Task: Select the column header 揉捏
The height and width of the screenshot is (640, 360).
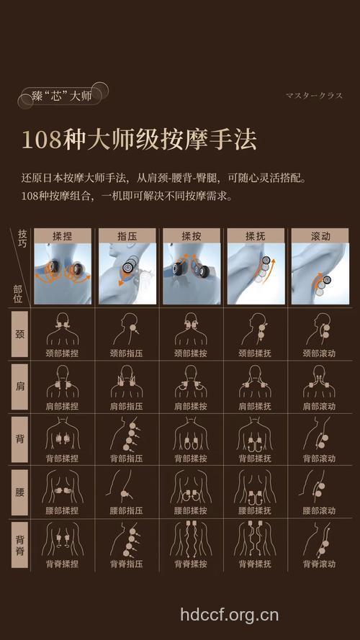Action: pyautogui.click(x=63, y=235)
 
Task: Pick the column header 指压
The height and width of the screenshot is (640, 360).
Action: pyautogui.click(x=127, y=235)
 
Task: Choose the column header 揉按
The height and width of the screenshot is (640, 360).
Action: pyautogui.click(x=191, y=235)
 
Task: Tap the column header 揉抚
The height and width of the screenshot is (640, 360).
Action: pyautogui.click(x=255, y=235)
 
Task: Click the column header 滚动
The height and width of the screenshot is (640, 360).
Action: pyautogui.click(x=320, y=235)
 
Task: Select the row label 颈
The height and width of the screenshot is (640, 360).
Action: pyautogui.click(x=19, y=335)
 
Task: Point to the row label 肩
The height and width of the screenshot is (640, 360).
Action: pyautogui.click(x=19, y=387)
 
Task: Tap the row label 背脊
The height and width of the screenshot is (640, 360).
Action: pyautogui.click(x=19, y=543)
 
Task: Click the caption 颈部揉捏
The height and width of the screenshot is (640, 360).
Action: pyautogui.click(x=63, y=353)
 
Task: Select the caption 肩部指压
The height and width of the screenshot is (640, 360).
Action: pyautogui.click(x=127, y=406)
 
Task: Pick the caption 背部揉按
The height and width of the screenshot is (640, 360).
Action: pyautogui.click(x=191, y=459)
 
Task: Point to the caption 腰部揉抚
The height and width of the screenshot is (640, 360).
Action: pyautogui.click(x=255, y=510)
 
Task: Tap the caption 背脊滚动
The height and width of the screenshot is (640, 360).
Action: pyautogui.click(x=320, y=564)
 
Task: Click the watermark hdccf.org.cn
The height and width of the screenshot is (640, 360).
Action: pyautogui.click(x=229, y=615)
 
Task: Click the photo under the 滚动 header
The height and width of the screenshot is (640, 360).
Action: pyautogui.click(x=320, y=273)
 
